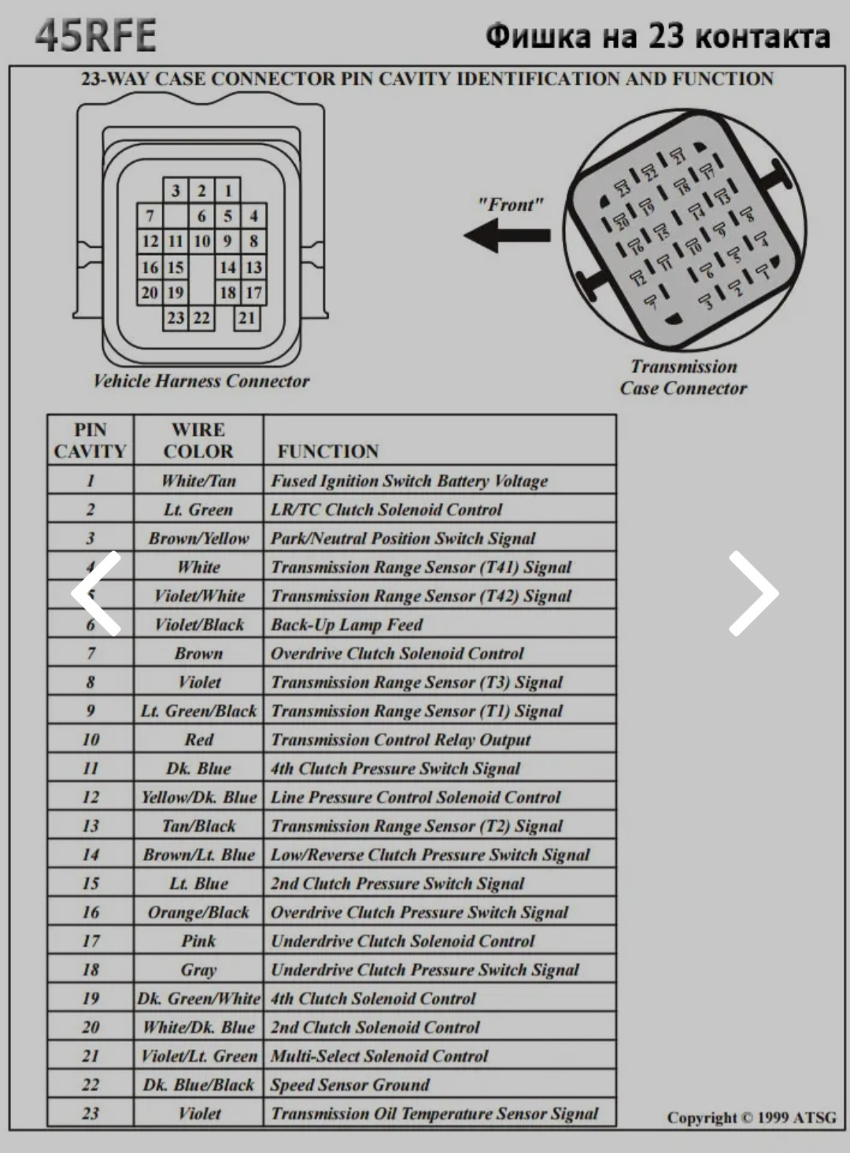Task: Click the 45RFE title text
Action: click(96, 35)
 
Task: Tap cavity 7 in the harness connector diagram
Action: click(150, 216)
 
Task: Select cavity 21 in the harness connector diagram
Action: click(247, 318)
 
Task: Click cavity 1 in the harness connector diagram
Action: click(228, 190)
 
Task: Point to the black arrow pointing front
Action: click(508, 235)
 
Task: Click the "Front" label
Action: click(511, 205)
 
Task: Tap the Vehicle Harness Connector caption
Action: click(201, 382)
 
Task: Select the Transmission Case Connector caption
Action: click(683, 377)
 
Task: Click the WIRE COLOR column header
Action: click(198, 441)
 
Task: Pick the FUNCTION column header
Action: click(328, 451)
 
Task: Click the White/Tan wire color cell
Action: click(198, 481)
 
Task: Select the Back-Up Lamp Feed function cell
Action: click(347, 625)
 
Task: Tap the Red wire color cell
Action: click(198, 740)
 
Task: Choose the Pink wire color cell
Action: click(198, 941)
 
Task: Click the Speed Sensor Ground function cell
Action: click(350, 1085)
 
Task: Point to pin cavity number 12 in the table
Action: click(91, 797)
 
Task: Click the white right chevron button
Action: click(752, 593)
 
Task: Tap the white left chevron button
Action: click(97, 593)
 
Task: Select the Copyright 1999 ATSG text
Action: click(751, 1118)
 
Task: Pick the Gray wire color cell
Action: click(198, 970)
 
